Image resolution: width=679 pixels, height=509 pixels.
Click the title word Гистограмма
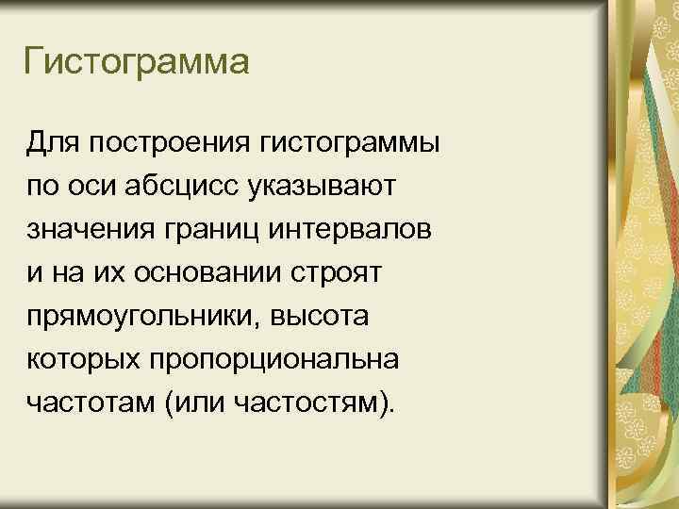(x=137, y=64)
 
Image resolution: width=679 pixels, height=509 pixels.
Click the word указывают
(x=328, y=187)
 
